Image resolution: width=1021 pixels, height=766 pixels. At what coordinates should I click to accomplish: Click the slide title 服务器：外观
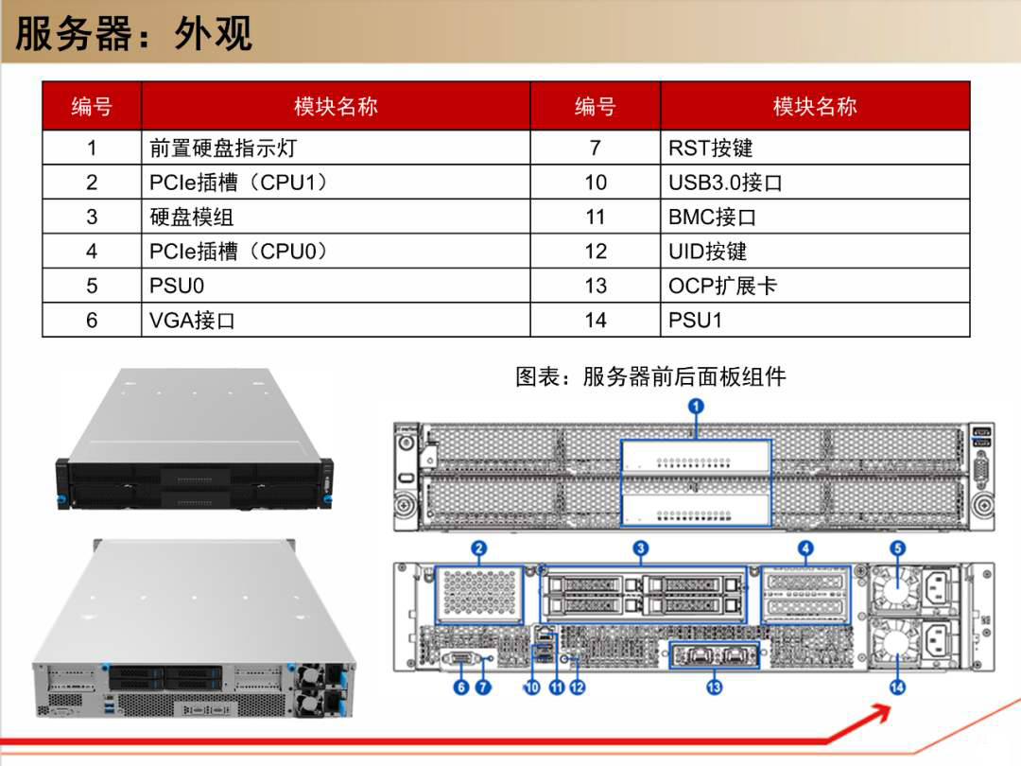pyautogui.click(x=133, y=33)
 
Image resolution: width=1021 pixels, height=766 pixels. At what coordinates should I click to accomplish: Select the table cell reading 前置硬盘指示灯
pyautogui.click(x=336, y=148)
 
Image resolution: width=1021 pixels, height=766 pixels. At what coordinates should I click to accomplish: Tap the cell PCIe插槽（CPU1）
pyautogui.click(x=336, y=183)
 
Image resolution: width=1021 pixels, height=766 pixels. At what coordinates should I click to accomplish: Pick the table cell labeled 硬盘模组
pyautogui.click(x=336, y=217)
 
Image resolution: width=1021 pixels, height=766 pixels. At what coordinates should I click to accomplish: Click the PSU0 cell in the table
pyautogui.click(x=336, y=286)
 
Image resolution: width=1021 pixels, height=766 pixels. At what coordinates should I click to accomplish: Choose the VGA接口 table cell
pyautogui.click(x=336, y=320)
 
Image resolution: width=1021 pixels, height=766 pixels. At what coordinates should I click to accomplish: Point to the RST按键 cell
pyautogui.click(x=815, y=148)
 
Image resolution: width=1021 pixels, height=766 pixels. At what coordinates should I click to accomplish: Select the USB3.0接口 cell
pyautogui.click(x=815, y=183)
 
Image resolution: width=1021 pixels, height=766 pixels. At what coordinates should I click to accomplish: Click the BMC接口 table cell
pyautogui.click(x=815, y=217)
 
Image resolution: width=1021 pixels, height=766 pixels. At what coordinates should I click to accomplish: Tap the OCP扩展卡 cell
pyautogui.click(x=815, y=286)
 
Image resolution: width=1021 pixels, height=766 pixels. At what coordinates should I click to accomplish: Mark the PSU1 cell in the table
pyautogui.click(x=815, y=320)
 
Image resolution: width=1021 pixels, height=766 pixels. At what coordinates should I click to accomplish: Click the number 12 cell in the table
pyautogui.click(x=596, y=252)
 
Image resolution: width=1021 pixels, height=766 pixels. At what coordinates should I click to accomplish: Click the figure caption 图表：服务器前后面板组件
pyautogui.click(x=650, y=376)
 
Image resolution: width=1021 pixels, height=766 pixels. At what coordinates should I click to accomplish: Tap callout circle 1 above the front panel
pyautogui.click(x=696, y=407)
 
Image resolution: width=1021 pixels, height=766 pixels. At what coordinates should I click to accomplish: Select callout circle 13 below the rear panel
pyautogui.click(x=715, y=688)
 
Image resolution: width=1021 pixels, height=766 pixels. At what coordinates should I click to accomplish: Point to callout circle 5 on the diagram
pyautogui.click(x=898, y=548)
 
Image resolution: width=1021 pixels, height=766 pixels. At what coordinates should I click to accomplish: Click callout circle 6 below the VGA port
pyautogui.click(x=461, y=688)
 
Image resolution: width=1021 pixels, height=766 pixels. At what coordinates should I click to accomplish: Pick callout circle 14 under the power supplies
pyautogui.click(x=897, y=688)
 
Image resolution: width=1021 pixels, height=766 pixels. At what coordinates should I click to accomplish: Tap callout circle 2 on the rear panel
pyautogui.click(x=479, y=548)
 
